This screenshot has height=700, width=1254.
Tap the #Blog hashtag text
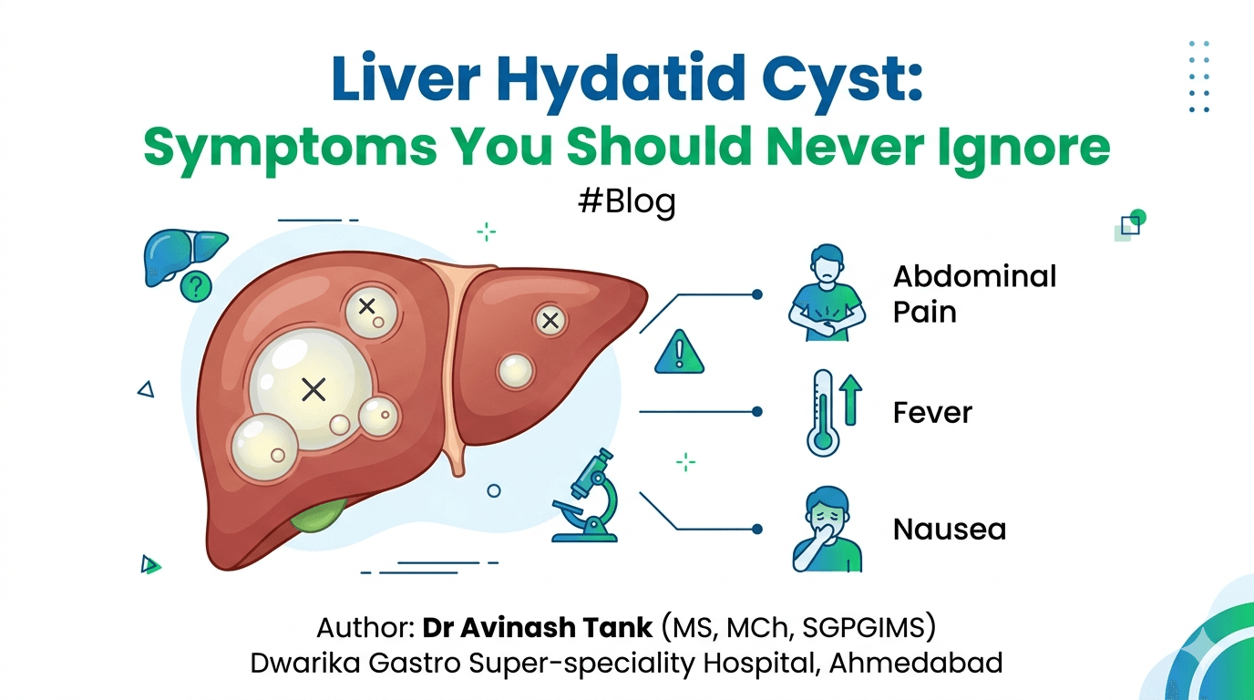point(627,201)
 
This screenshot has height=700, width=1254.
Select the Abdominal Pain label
point(973,293)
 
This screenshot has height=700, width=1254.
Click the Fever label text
point(932,413)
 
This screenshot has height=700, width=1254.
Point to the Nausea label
point(950,529)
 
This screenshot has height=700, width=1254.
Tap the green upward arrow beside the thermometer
point(851,401)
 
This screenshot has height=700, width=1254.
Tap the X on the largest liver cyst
point(313,390)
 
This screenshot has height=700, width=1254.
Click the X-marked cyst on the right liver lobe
point(550,320)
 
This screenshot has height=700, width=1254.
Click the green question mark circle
point(195,287)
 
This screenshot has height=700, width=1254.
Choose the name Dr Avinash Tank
point(538,628)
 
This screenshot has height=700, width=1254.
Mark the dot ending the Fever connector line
point(756,412)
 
